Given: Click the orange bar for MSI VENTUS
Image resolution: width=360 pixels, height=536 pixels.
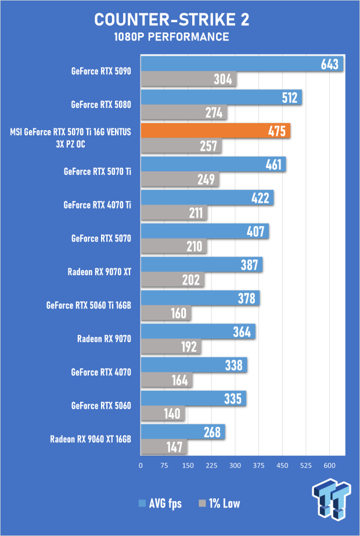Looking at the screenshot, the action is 215,131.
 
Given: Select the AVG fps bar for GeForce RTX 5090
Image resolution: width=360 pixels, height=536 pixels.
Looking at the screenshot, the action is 242,64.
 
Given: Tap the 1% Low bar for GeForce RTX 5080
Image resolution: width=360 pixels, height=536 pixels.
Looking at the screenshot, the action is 184,113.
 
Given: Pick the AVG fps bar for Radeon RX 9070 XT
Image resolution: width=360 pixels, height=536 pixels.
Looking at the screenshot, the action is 201,265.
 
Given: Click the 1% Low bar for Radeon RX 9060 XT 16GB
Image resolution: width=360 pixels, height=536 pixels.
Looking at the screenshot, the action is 164,447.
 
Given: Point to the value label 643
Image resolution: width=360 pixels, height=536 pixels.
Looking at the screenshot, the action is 330,64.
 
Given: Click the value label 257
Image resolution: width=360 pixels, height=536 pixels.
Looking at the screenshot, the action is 208,146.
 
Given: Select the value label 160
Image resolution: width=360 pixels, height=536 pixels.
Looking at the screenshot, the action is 178,314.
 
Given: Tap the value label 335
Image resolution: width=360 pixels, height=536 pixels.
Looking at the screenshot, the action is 233,398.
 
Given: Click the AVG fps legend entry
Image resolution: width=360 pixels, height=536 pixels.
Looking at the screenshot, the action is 160,503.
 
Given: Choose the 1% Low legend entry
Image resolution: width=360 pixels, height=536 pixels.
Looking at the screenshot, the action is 219,503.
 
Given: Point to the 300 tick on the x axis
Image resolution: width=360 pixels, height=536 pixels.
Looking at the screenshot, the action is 235,466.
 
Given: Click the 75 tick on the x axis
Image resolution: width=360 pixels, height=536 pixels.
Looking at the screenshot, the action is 164,466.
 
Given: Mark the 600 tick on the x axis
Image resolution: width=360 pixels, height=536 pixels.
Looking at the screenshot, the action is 330,466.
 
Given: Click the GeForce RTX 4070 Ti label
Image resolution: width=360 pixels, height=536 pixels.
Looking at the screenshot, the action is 97,205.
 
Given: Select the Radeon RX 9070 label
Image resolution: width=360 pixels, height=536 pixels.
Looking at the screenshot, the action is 104,339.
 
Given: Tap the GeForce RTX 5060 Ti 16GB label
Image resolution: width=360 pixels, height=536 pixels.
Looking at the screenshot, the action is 88,305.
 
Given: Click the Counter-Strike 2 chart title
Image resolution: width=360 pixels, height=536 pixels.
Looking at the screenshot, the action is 172,20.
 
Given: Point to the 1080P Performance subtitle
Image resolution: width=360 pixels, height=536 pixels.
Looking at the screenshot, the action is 172,37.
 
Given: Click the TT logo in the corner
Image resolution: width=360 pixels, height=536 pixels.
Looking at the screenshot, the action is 331,498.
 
